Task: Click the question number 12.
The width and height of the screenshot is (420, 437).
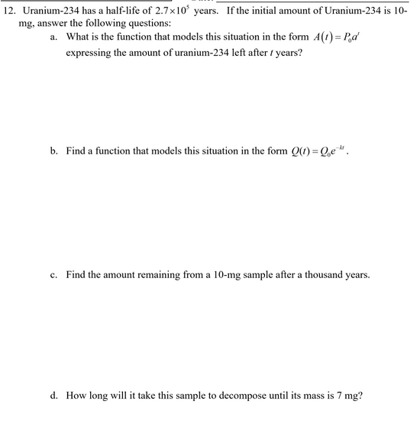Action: [x=9, y=11]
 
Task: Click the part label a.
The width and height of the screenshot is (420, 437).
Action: [x=53, y=37]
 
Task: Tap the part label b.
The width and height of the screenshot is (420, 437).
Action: [x=54, y=151]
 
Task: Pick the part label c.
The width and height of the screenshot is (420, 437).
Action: [x=53, y=274]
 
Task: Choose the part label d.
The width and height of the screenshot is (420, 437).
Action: [x=54, y=396]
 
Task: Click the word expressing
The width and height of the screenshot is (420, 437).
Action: [x=89, y=54]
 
